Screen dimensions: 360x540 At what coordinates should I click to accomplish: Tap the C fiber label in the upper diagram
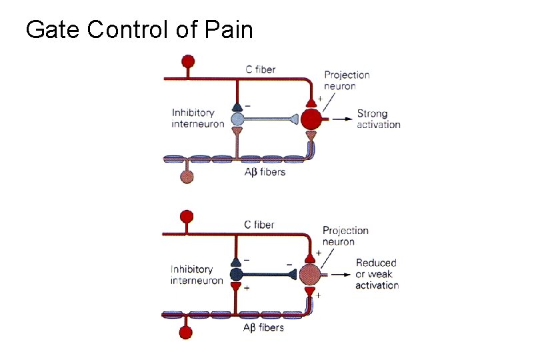[259, 69]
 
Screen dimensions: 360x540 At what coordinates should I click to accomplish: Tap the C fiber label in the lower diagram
[258, 225]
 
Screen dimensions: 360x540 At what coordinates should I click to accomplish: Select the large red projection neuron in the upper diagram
[311, 120]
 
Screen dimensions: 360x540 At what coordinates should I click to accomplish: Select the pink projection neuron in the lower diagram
[310, 275]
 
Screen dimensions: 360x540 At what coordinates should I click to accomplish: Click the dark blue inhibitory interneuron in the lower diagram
[236, 275]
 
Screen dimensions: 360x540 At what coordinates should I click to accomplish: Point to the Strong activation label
[378, 119]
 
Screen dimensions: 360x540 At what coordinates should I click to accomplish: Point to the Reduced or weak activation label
[377, 274]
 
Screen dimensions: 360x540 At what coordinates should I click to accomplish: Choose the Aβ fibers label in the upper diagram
[264, 172]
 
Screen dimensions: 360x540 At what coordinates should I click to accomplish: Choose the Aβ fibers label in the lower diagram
[263, 327]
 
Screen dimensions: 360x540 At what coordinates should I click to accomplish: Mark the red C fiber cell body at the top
[189, 62]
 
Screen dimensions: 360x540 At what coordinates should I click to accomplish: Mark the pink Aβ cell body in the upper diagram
[187, 177]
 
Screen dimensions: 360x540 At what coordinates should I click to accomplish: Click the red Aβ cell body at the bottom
[187, 332]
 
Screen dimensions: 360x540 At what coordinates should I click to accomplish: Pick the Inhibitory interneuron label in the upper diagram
[198, 119]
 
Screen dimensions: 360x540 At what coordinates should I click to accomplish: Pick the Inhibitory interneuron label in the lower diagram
[197, 275]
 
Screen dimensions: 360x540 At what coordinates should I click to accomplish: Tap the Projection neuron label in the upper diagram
[347, 81]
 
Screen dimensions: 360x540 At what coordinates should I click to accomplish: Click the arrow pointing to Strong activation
[340, 120]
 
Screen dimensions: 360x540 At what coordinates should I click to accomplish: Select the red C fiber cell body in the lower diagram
[187, 217]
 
